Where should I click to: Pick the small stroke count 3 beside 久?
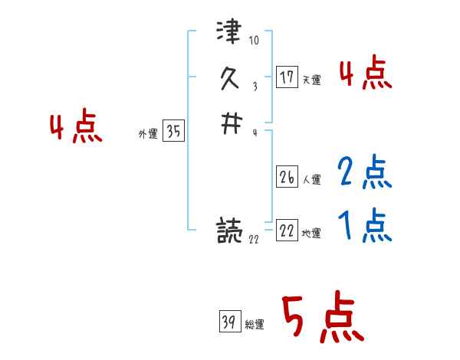pyautogui.click(x=254, y=87)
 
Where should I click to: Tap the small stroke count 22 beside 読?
pyautogui.click(x=254, y=240)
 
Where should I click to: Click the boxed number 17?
pyautogui.click(x=287, y=77)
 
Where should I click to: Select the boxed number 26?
pyautogui.click(x=287, y=178)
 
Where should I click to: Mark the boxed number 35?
pyautogui.click(x=173, y=132)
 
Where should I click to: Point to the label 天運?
pyautogui.click(x=312, y=80)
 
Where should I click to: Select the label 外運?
pyautogui.click(x=147, y=134)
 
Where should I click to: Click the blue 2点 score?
pyautogui.click(x=365, y=172)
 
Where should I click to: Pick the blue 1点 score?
pyautogui.click(x=365, y=225)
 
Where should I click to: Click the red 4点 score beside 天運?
pyautogui.click(x=365, y=74)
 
